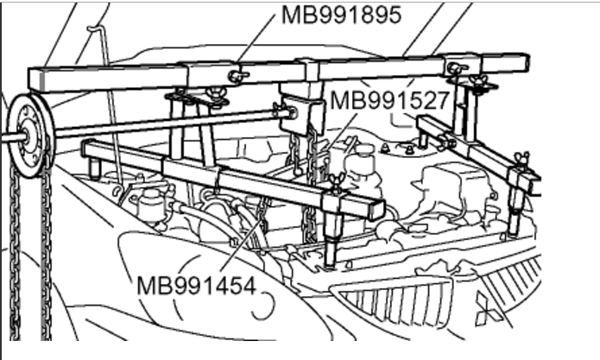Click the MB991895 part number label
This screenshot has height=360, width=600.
click(341, 16)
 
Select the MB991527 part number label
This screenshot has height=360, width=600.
click(390, 100)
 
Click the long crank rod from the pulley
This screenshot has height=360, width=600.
click(164, 123)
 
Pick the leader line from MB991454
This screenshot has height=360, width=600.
click(242, 243)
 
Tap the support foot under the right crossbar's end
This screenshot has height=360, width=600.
click(515, 221)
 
